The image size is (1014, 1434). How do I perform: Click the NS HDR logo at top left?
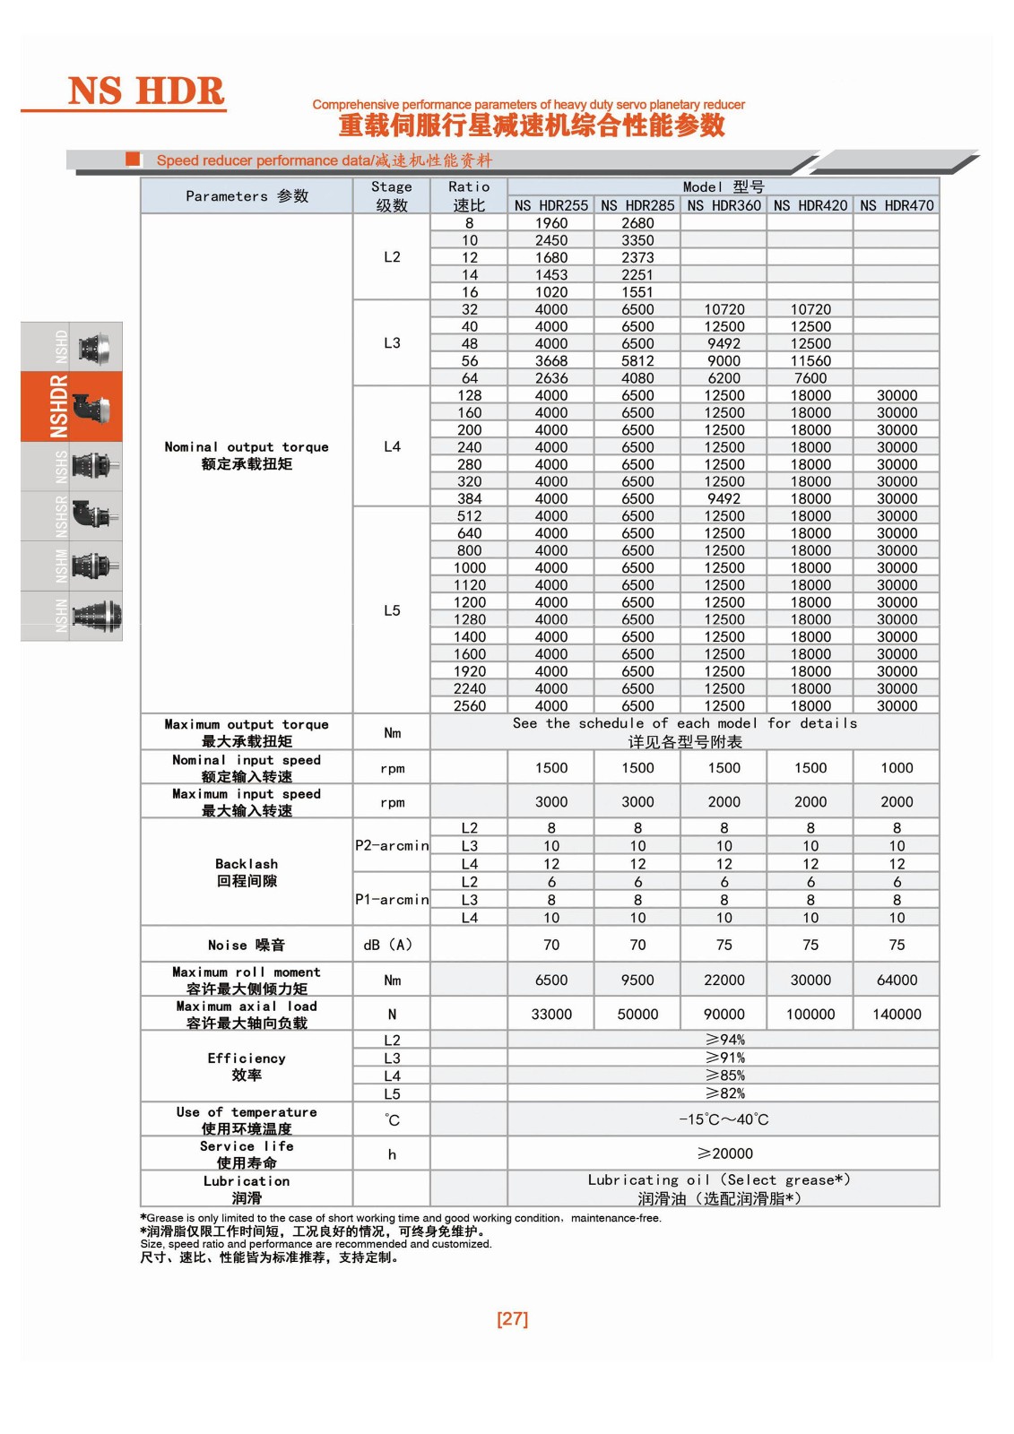click(146, 91)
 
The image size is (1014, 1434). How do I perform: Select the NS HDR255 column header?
click(550, 205)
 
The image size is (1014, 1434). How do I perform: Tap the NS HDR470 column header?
click(897, 205)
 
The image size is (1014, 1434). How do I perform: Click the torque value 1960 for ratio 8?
click(550, 223)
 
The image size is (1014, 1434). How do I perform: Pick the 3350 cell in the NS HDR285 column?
click(637, 240)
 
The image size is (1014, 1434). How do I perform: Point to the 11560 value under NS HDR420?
click(810, 361)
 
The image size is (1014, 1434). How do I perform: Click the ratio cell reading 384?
click(469, 499)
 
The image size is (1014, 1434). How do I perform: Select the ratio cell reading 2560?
click(469, 706)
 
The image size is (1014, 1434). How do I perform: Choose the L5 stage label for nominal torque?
click(392, 610)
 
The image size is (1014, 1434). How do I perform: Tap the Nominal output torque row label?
click(247, 455)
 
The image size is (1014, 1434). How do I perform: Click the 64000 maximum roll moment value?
click(897, 980)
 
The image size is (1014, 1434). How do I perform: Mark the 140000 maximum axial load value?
click(897, 1015)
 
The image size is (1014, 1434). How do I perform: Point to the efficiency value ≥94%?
click(724, 1040)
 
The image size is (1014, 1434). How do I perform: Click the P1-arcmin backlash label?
click(392, 899)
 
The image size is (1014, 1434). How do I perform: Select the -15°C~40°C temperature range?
click(724, 1119)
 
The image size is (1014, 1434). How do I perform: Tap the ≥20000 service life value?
click(724, 1153)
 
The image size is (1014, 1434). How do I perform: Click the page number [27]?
click(512, 1318)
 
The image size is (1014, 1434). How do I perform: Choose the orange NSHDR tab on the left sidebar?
click(72, 407)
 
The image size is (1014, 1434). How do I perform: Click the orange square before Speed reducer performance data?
click(134, 160)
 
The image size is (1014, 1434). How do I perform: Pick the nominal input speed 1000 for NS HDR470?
click(897, 768)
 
